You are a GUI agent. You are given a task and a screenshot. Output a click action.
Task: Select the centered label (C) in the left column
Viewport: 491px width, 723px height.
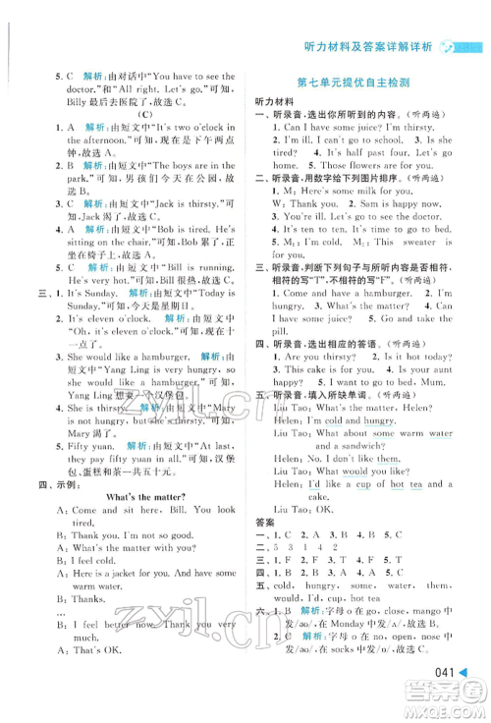[144, 114]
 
